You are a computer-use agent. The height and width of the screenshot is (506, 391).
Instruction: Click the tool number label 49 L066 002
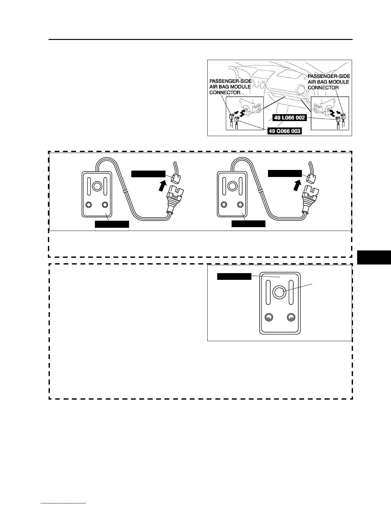289,118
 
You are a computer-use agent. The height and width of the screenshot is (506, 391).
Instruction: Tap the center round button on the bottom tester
279,292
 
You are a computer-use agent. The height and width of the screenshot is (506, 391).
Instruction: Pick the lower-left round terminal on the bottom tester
269,317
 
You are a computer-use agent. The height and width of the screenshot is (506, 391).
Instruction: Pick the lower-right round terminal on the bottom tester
291,317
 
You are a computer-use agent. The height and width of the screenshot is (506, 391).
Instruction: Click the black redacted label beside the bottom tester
234,276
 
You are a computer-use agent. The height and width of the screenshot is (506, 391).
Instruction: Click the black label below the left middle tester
112,224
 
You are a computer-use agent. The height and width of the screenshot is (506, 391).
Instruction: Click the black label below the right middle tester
248,224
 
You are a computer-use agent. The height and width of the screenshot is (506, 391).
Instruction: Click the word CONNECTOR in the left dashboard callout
225,93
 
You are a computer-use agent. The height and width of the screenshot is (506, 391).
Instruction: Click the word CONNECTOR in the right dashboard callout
323,88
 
